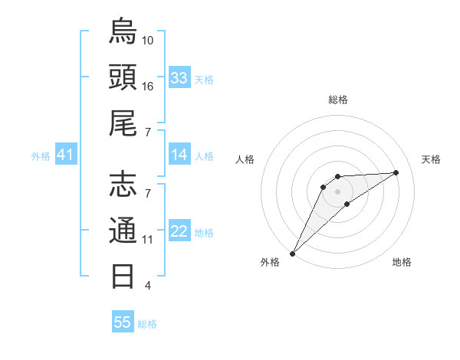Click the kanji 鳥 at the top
point(123,32)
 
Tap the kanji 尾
point(123,123)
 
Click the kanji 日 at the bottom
point(123,275)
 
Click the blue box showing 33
point(179,78)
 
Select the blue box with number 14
point(179,155)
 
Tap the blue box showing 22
point(179,232)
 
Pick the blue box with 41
point(66,155)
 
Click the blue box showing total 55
point(123,322)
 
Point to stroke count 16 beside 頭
point(148,87)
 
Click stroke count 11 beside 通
point(148,240)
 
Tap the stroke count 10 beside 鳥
point(148,41)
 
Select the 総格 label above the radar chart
point(338,100)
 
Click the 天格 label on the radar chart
point(432,159)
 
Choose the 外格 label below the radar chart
point(269,262)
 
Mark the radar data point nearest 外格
point(292,253)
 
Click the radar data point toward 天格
point(396,172)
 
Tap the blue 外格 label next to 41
point(41,156)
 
